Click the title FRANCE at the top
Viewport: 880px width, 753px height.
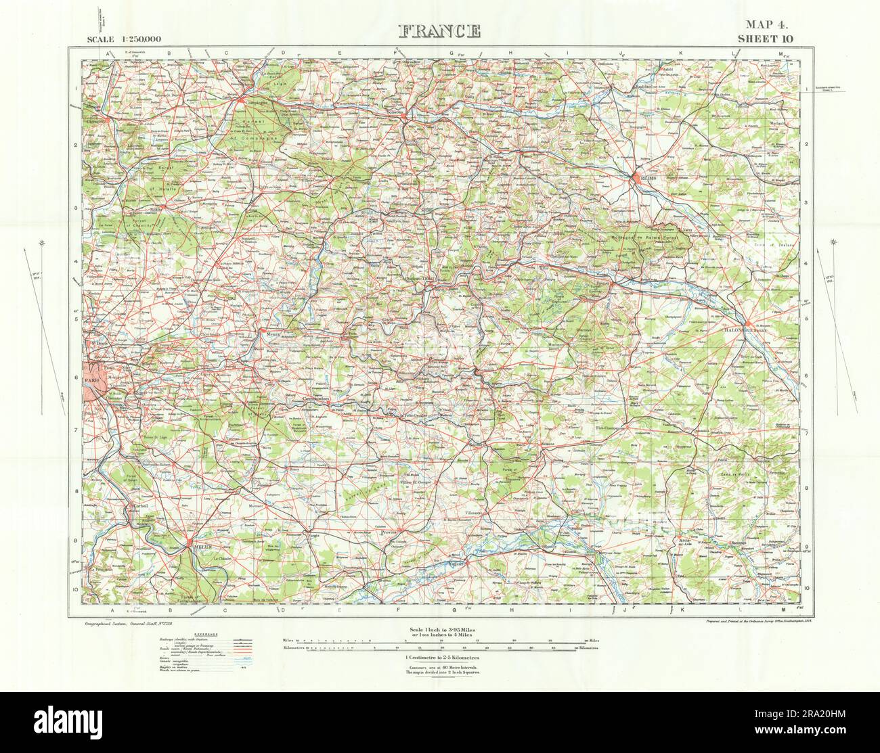click(440, 31)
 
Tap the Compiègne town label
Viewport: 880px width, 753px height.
click(248, 104)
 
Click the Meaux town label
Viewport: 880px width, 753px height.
click(270, 332)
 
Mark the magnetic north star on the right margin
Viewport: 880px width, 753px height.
click(832, 242)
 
